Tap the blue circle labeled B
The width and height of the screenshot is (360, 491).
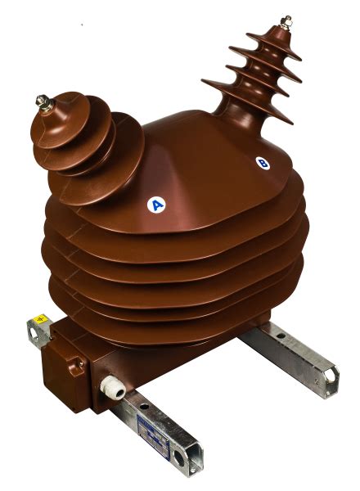[x=263, y=163]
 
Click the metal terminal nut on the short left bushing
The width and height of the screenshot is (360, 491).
[x=41, y=101]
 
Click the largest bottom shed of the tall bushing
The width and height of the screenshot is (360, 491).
[x=245, y=96]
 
